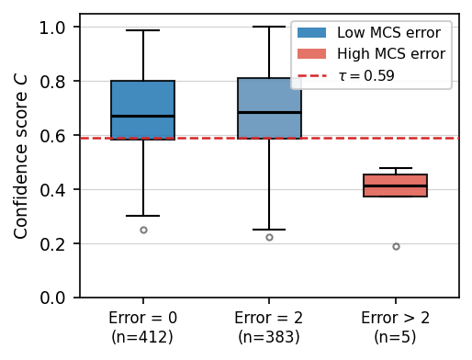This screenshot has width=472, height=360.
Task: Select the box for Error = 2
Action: [269, 108]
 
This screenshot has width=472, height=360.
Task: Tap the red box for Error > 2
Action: [395, 186]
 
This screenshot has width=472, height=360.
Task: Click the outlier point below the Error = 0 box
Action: [143, 230]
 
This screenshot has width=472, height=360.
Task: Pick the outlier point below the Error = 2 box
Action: [269, 237]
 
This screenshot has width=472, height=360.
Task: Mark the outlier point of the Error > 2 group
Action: [396, 246]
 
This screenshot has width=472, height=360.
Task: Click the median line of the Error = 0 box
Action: [143, 117]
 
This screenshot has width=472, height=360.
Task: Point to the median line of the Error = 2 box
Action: [269, 112]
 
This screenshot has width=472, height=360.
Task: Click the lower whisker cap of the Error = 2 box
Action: [269, 230]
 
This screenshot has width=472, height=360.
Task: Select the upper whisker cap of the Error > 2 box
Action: [395, 168]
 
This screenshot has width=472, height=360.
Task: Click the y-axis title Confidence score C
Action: [20, 156]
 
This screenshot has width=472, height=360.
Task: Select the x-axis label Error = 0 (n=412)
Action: [143, 328]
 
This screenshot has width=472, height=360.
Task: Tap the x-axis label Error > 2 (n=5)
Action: [395, 328]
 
